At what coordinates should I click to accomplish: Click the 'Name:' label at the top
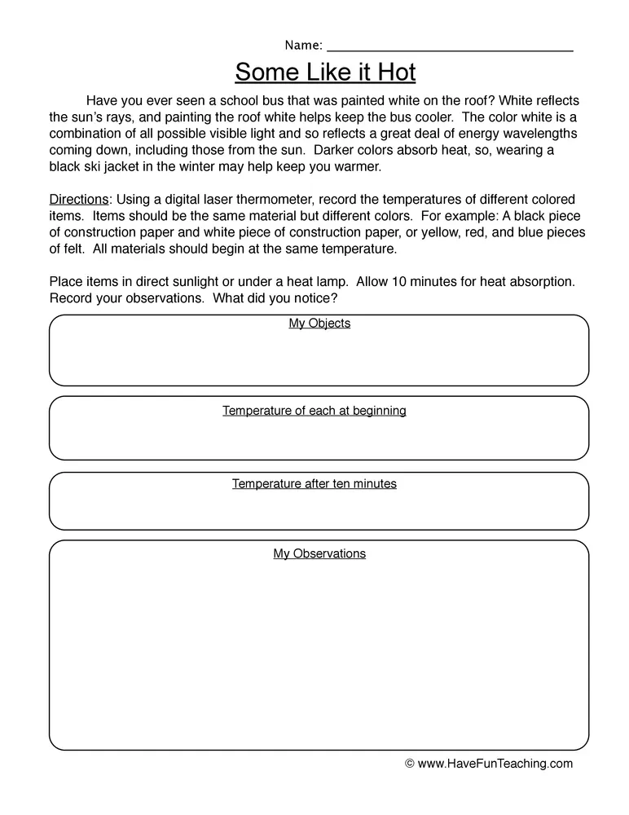(x=303, y=45)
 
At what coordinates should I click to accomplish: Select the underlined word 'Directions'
(x=78, y=200)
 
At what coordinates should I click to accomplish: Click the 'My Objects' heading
(x=319, y=324)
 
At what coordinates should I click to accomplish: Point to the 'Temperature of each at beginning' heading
(x=314, y=411)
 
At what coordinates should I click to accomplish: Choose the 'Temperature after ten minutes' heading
(x=314, y=484)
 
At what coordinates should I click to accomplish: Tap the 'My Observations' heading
(x=319, y=554)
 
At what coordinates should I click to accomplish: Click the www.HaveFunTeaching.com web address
(x=495, y=764)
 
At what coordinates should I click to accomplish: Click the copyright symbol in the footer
(x=410, y=764)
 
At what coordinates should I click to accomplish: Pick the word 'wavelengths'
(x=540, y=134)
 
